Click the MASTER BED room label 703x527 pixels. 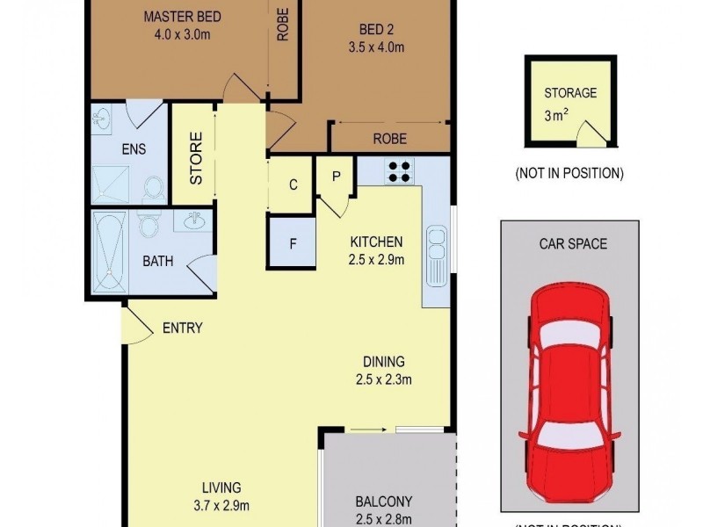point(183,18)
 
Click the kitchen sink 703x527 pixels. point(437,255)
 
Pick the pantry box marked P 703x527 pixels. point(336,176)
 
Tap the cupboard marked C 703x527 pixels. point(294,185)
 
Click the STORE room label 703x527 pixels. point(196,158)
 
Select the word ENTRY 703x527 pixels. point(183,328)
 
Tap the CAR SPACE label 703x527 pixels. point(573,243)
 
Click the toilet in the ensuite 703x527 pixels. point(153,189)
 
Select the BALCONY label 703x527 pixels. point(384,502)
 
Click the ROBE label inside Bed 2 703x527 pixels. point(389,138)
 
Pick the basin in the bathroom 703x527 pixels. point(194,221)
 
